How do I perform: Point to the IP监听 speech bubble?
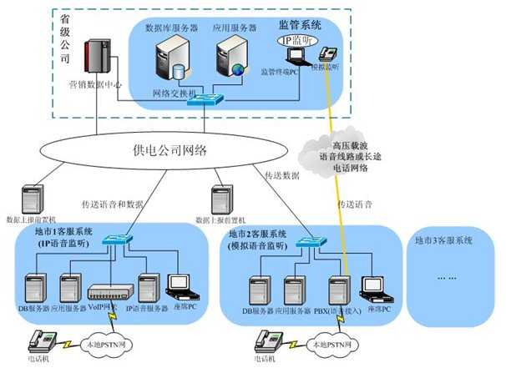click(300, 39)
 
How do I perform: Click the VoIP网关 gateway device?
click(110, 292)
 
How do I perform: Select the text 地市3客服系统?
click(443, 240)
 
